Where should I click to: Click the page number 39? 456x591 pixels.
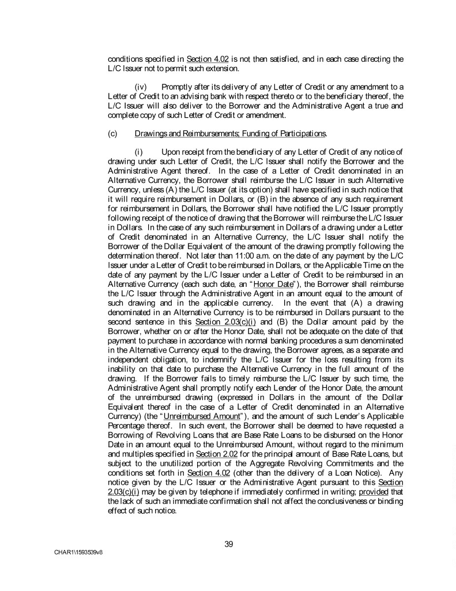click(x=228, y=543)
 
